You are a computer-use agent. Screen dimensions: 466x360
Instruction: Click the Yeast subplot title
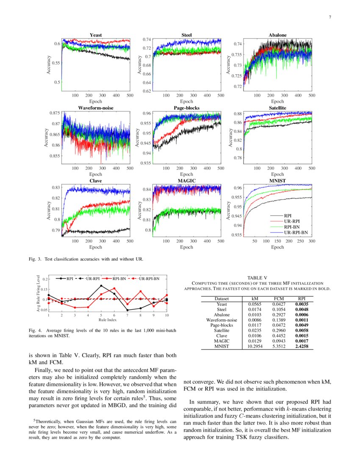95,35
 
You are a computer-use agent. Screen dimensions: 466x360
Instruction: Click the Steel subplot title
186,35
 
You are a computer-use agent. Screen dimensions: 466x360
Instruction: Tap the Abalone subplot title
277,35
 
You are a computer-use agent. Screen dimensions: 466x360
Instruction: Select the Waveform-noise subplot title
95,108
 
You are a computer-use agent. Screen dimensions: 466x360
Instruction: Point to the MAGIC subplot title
186,181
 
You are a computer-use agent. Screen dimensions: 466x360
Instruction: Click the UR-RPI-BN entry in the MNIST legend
296,232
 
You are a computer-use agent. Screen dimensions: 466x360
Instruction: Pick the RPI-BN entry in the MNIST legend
292,227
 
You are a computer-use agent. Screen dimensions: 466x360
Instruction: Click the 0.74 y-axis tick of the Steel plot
146,39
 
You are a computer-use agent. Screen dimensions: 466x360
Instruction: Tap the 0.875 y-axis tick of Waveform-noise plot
54,113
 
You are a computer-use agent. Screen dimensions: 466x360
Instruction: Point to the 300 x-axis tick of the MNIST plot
312,241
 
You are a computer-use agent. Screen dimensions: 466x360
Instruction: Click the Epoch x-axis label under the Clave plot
95,247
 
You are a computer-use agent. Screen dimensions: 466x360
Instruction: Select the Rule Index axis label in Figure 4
108,320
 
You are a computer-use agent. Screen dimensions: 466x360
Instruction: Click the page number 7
330,17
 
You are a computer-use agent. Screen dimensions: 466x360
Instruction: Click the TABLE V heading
257,277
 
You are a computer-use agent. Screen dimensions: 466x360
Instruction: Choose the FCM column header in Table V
278,299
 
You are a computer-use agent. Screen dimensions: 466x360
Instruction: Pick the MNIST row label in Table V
222,346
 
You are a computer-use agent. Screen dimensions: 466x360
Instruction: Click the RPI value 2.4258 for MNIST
301,346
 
